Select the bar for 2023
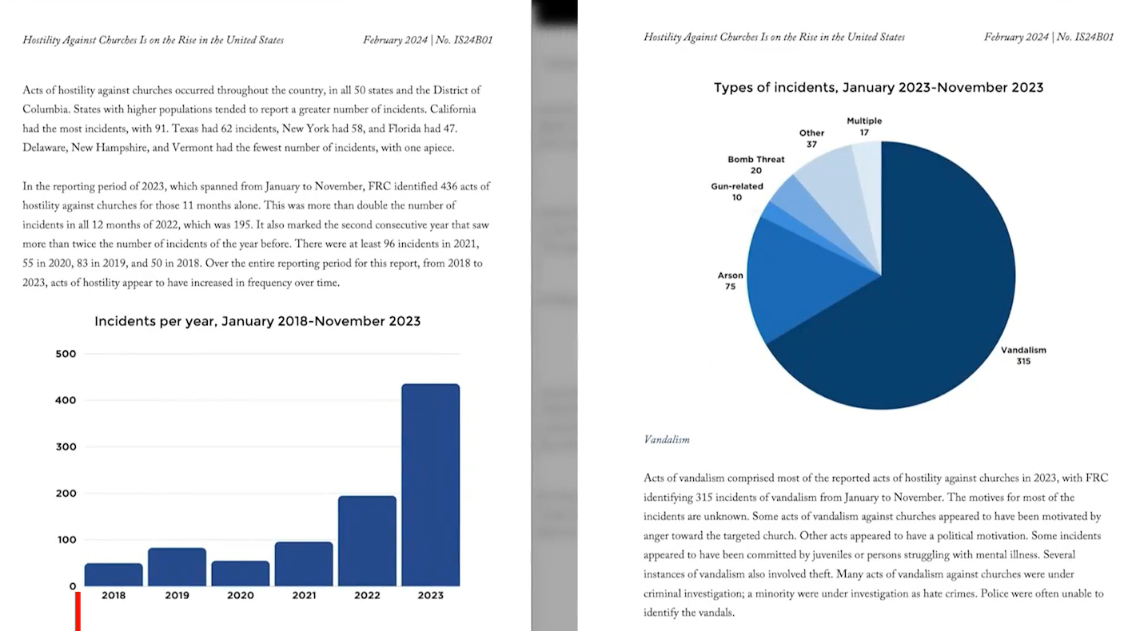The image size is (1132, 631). tap(430, 485)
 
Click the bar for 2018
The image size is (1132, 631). tap(114, 574)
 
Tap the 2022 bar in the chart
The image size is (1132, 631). tap(367, 541)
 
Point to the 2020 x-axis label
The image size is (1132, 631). tap(240, 595)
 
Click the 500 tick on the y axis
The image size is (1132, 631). tap(66, 354)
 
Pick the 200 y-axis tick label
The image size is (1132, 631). tap(66, 494)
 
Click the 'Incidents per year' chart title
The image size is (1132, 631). tap(257, 321)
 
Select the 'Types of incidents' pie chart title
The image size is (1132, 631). tap(879, 88)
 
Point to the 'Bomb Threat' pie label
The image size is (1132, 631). tap(755, 160)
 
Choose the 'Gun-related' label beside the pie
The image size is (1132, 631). tap(737, 187)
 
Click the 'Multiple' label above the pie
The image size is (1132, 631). tap(864, 121)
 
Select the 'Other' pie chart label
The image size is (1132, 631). tap(811, 133)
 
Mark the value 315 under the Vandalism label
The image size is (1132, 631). tap(1023, 361)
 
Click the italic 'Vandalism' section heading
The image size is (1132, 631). tap(666, 439)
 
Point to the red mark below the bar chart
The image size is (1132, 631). tap(78, 611)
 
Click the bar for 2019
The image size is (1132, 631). tap(177, 566)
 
